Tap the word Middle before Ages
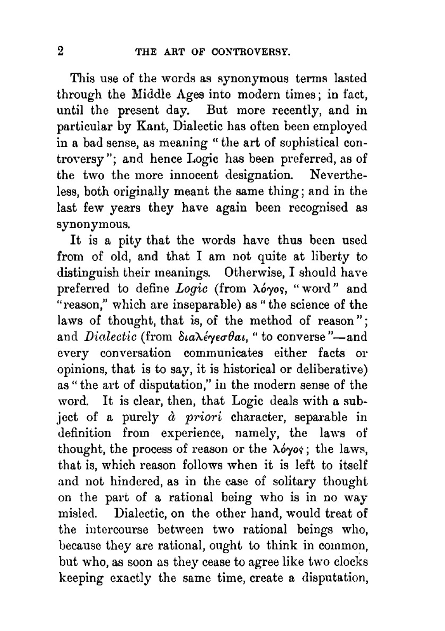click(x=151, y=94)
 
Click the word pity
click(x=129, y=241)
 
